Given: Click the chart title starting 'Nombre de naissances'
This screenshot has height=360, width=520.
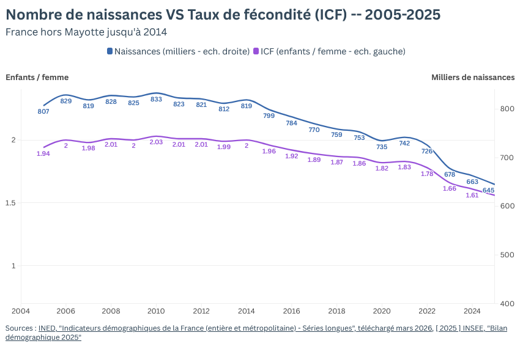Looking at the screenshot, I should pyautogui.click(x=223, y=14).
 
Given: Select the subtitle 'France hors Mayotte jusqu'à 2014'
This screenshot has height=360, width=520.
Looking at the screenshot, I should pyautogui.click(x=86, y=32).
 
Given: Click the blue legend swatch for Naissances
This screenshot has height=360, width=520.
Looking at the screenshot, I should pyautogui.click(x=110, y=51).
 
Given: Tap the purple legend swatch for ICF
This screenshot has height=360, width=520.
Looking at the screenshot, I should pyautogui.click(x=256, y=51).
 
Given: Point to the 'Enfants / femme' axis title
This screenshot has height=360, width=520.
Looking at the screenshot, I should pyautogui.click(x=37, y=77).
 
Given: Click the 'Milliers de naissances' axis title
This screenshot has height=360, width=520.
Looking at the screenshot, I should pyautogui.click(x=473, y=77).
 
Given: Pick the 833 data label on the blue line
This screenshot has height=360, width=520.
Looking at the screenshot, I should pyautogui.click(x=156, y=99).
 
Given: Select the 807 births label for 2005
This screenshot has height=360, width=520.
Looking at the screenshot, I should pyautogui.click(x=43, y=111).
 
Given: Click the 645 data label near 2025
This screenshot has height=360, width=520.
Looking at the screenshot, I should pyautogui.click(x=488, y=190).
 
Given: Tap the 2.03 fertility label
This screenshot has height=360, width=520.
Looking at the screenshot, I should pyautogui.click(x=156, y=142).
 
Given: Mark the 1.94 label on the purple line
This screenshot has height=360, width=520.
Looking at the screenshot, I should pyautogui.click(x=43, y=153).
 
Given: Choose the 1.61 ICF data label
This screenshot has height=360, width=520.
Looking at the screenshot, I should pyautogui.click(x=472, y=195).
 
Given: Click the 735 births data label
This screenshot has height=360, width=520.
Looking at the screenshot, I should pyautogui.click(x=382, y=147).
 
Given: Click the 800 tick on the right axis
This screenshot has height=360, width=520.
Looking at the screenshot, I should pyautogui.click(x=507, y=109).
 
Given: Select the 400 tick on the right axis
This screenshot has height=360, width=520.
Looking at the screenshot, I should pyautogui.click(x=507, y=304).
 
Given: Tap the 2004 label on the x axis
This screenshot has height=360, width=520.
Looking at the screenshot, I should pyautogui.click(x=21, y=310).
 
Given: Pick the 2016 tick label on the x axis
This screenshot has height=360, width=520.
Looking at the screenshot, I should pyautogui.click(x=291, y=310).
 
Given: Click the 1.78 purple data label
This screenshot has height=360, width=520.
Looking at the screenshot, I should pyautogui.click(x=427, y=174).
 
